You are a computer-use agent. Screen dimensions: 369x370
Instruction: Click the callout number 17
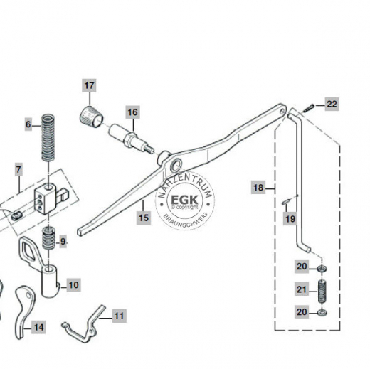pos(90,86)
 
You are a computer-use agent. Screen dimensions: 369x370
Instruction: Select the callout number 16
pos(132,112)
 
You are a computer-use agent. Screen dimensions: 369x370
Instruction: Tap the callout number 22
pos(332,105)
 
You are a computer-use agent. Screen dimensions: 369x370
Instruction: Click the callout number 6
pos(29,124)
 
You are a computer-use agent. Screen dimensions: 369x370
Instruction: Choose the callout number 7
pos(18,169)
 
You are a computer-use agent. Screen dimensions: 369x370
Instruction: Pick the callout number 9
pos(63,241)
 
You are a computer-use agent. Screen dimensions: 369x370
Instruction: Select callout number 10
pos(73,285)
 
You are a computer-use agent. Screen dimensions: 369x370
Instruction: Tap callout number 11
pos(118,314)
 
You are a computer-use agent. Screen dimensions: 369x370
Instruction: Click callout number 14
pos(38,327)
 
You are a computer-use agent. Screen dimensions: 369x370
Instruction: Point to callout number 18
pos(258,188)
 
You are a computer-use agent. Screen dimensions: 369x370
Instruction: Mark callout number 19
pos(290,219)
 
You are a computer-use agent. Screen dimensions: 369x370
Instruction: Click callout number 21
pos(302,289)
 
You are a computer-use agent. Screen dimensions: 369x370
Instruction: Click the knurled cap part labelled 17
pos(89,114)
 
